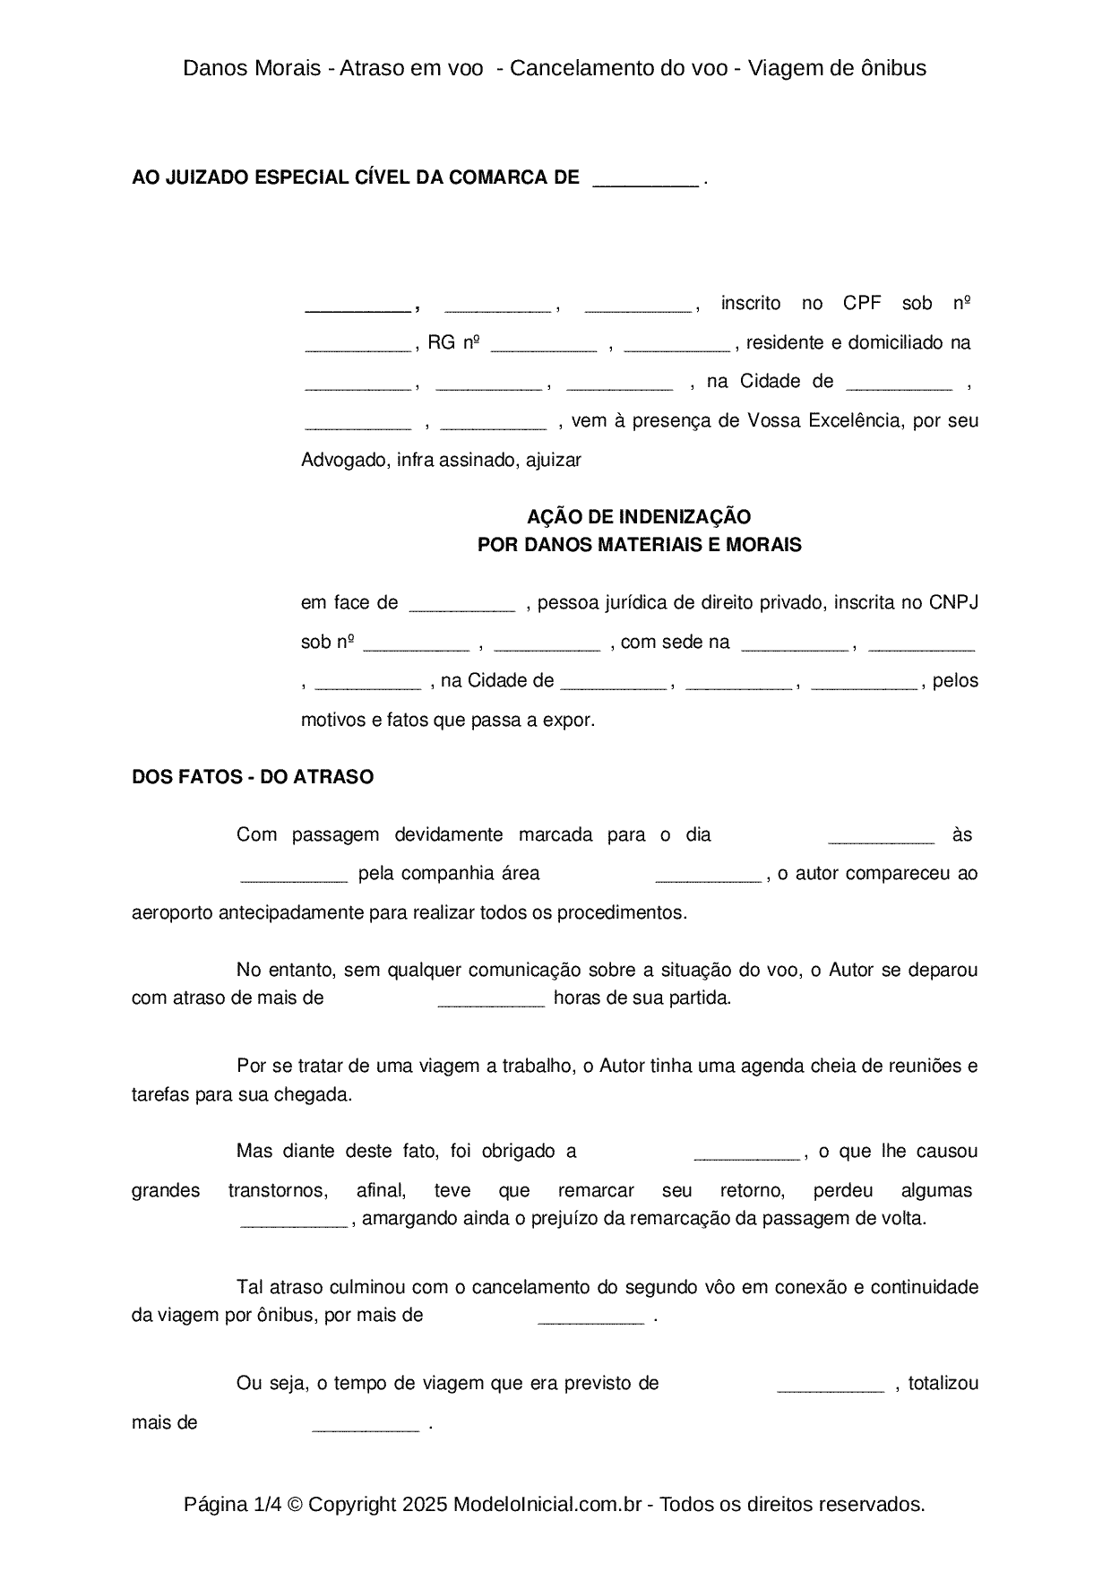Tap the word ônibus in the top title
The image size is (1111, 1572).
pos(893,68)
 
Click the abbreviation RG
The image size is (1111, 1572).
pos(441,342)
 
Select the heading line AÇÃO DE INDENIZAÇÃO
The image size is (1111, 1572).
pos(639,516)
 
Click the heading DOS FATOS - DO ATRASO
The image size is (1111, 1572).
pos(253,777)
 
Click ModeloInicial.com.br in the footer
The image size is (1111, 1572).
pos(547,1504)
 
